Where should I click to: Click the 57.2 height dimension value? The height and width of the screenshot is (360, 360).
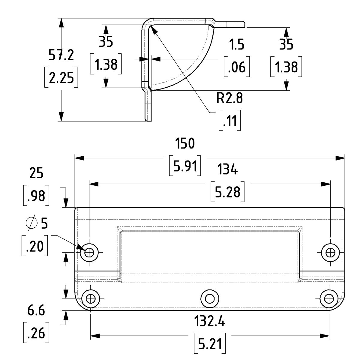[61, 55]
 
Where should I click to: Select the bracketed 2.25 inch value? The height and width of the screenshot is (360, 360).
[61, 77]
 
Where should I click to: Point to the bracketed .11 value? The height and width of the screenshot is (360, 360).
[229, 121]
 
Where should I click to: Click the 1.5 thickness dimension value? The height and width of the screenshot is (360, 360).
[236, 44]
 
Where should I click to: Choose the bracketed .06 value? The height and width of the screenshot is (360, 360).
[237, 67]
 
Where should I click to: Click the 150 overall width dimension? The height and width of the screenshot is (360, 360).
[185, 143]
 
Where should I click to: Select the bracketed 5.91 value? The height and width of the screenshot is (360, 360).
[185, 166]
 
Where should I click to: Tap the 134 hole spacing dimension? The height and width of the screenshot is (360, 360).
[227, 169]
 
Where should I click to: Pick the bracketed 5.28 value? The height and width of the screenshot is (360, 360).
[227, 192]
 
